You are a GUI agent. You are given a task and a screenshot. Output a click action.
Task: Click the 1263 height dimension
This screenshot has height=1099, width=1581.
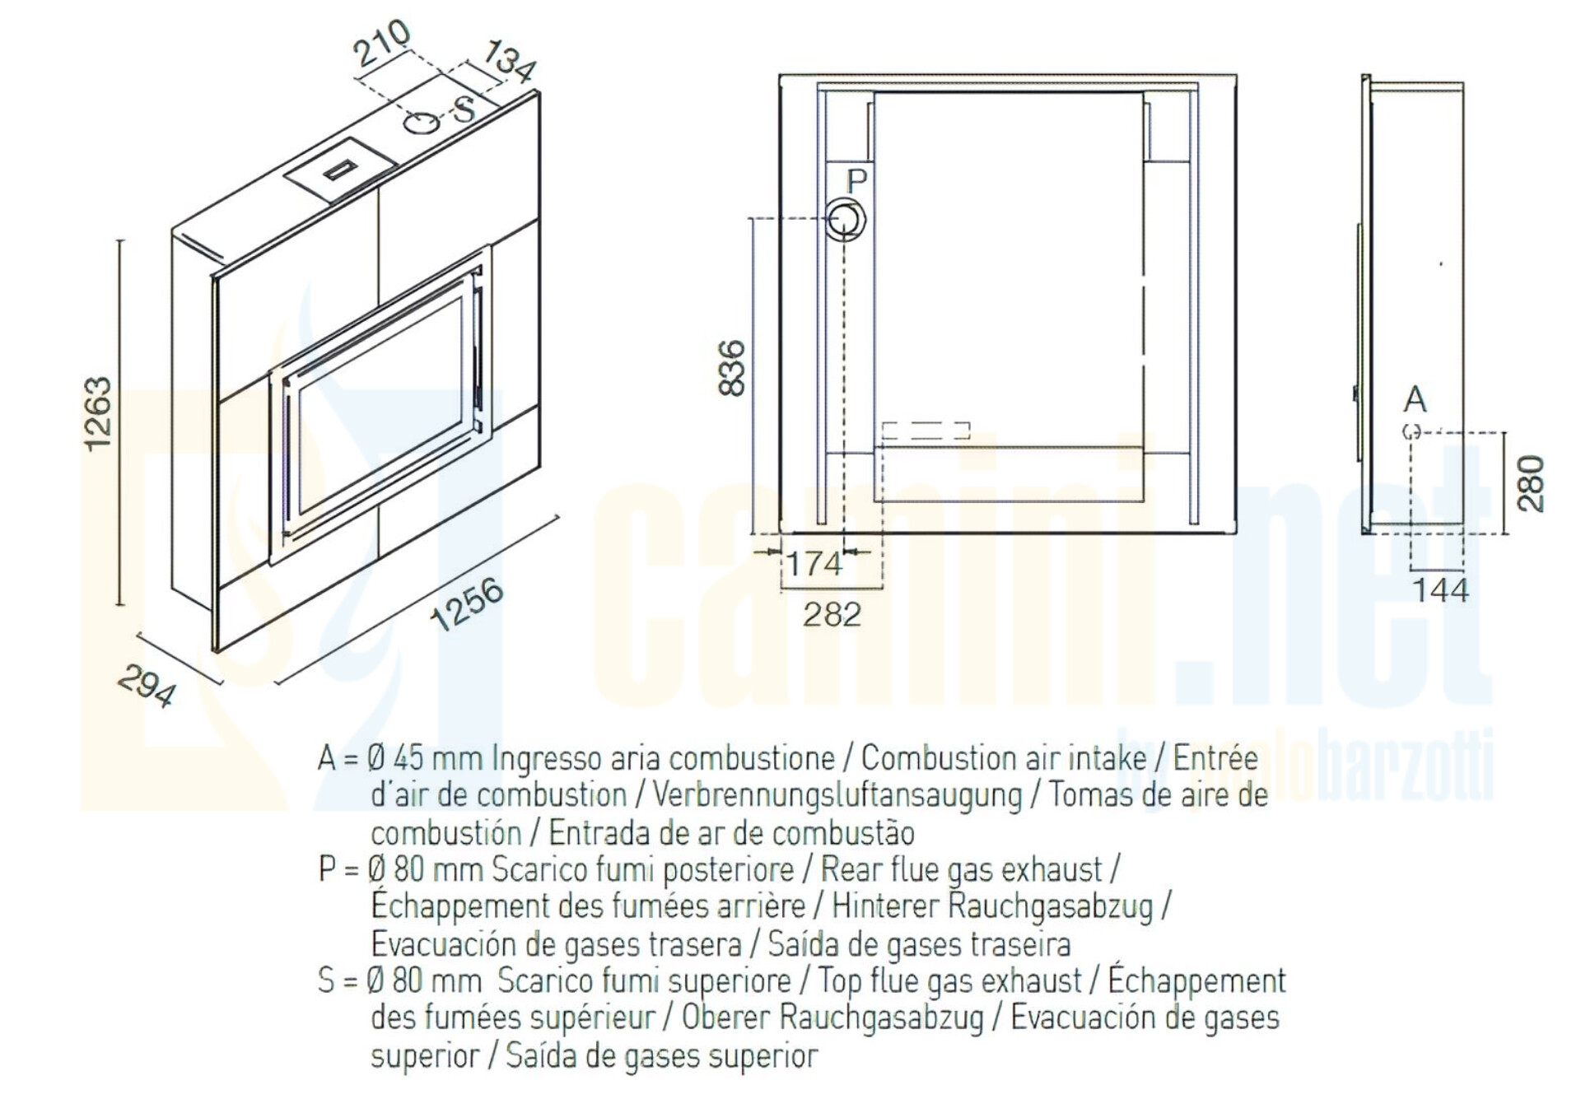tap(98, 413)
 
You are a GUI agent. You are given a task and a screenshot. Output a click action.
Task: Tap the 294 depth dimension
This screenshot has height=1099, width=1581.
tap(147, 686)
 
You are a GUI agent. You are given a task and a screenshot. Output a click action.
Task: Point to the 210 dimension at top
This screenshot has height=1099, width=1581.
tap(382, 43)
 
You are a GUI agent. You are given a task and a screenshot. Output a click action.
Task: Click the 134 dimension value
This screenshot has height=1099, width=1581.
tap(510, 61)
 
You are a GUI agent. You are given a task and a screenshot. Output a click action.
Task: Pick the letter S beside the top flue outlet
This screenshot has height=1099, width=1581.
tap(465, 108)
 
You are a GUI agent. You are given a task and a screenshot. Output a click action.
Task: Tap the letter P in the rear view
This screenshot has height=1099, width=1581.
tap(857, 180)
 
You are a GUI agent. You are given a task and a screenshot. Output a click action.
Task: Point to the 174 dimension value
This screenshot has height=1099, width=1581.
tap(814, 565)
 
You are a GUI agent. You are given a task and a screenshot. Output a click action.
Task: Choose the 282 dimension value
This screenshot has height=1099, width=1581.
tap(832, 614)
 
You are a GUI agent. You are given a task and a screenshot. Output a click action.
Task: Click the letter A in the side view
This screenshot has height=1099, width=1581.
tap(1415, 399)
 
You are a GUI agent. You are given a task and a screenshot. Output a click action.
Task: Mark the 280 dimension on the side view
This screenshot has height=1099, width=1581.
tap(1531, 483)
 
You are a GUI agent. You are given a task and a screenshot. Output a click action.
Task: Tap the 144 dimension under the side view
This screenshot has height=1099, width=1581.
tap(1440, 590)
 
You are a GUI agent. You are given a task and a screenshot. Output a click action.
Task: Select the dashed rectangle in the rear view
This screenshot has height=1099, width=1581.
tap(926, 431)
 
